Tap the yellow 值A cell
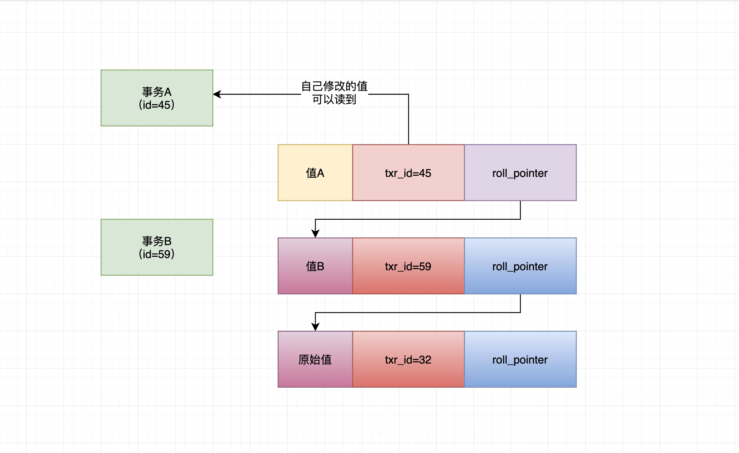coord(315,173)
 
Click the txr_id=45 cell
coord(408,173)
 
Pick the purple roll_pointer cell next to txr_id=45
coord(520,173)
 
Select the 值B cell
coord(315,266)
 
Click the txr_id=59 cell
coord(408,266)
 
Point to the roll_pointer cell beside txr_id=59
coord(520,266)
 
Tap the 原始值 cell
coord(315,359)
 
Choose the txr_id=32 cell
coord(408,359)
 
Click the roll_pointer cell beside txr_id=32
coord(520,359)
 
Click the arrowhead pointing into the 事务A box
coord(217,94)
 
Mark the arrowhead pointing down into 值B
coord(316,234)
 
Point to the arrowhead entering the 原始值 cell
coord(316,327)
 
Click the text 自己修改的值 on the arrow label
coord(334,86)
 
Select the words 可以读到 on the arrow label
coord(334,99)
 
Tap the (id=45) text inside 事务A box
coord(157,105)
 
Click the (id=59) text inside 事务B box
coord(157,254)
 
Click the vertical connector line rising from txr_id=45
coord(408,122)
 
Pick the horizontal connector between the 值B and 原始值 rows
coord(418,312)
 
